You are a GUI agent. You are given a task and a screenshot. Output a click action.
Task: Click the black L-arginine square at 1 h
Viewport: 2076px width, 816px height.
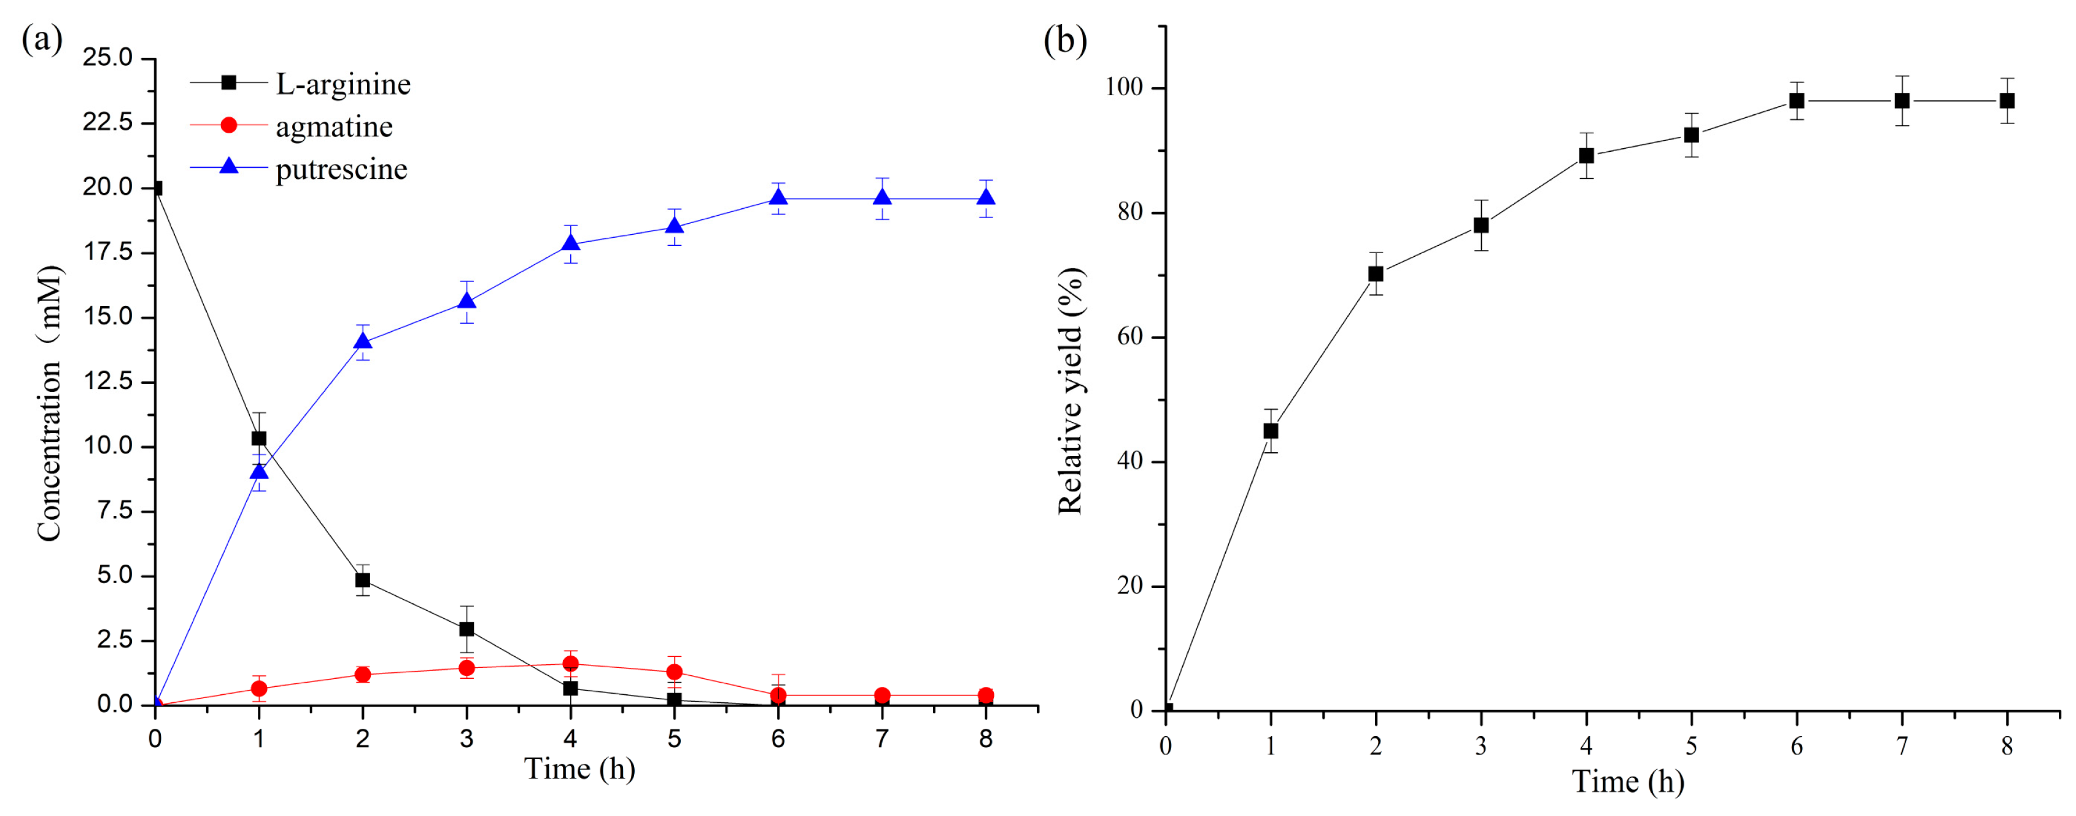coord(258,439)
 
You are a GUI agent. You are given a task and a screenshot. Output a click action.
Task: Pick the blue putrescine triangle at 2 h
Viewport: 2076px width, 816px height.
coord(363,340)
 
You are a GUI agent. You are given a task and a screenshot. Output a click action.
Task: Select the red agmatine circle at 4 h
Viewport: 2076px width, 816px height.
coord(571,664)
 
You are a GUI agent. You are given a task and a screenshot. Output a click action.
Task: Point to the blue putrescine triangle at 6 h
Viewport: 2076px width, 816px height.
coord(778,198)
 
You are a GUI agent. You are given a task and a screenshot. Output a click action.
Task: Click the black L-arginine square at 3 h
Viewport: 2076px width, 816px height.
coord(467,629)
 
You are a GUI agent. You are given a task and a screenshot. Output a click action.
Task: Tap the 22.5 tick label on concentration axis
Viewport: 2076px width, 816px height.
coord(108,122)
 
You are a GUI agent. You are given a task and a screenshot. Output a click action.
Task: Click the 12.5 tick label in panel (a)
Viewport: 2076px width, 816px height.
coord(108,382)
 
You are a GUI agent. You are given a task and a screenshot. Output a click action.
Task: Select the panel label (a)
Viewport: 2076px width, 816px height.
coord(42,39)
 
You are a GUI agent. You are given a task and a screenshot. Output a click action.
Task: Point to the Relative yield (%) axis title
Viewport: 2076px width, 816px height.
coord(1071,391)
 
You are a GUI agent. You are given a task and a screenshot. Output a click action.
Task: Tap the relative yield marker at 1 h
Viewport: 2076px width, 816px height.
coord(1271,431)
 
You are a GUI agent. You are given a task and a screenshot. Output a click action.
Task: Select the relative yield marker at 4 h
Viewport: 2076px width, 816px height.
coord(1586,155)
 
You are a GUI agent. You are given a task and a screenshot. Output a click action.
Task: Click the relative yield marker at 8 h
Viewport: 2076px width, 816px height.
coord(2007,101)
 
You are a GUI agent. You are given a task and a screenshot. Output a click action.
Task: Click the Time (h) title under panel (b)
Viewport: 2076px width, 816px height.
coord(1628,782)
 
